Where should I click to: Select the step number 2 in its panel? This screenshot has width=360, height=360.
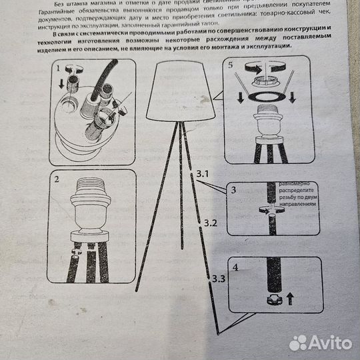[57, 179]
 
